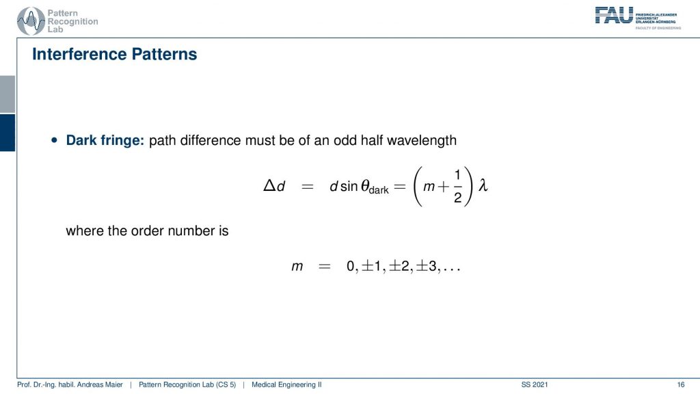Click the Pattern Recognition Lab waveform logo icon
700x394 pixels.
(31, 21)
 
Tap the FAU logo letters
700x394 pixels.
(614, 16)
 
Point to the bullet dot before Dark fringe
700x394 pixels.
(55, 140)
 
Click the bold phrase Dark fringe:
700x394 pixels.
(105, 140)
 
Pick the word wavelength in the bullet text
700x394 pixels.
(422, 140)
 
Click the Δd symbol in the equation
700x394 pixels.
(274, 185)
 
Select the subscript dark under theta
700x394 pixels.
(379, 190)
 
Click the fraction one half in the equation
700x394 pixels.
(457, 186)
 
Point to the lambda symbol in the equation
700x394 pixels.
(483, 185)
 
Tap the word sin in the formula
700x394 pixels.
(349, 186)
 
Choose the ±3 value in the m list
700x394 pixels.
(427, 266)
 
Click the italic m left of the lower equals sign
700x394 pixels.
(297, 267)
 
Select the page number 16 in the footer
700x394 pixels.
(680, 384)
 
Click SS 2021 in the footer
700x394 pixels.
(535, 384)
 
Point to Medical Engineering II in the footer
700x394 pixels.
(286, 384)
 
